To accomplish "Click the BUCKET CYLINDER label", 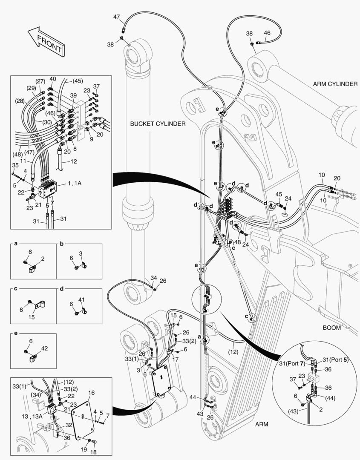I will coord(158,124).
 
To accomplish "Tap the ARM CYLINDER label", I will coord(335,84).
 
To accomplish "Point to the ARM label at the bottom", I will coord(263,424).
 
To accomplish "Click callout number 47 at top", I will coord(116,17).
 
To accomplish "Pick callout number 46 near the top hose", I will coord(267,33).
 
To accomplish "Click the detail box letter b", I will coord(61,244).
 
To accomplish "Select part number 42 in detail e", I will coord(44,348).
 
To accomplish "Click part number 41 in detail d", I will coord(82,300).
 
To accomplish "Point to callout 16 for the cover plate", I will coord(91,393).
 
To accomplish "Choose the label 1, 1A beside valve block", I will coord(75,183).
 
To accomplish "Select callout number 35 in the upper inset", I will coord(15,165).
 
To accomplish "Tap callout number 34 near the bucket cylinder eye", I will coord(153,278).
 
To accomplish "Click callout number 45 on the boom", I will coord(279,195).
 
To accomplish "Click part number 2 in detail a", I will coord(43,259).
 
